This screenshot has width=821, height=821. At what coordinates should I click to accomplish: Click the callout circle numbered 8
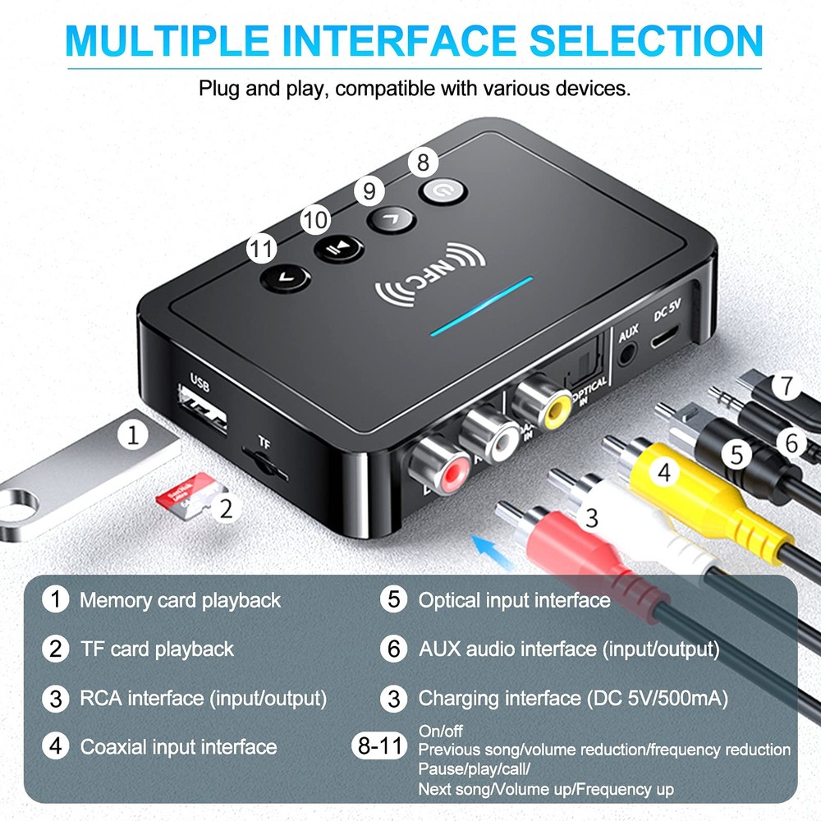(x=423, y=162)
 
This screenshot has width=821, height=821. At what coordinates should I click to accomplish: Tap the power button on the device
(x=443, y=191)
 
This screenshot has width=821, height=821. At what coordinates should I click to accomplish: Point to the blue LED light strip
(x=484, y=306)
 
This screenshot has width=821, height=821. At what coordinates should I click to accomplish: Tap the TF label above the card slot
(x=264, y=442)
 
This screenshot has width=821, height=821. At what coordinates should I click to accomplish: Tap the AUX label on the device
(x=628, y=333)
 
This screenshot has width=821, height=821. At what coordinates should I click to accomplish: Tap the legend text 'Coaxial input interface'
(x=178, y=747)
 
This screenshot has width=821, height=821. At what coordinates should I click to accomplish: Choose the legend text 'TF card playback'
(x=157, y=649)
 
